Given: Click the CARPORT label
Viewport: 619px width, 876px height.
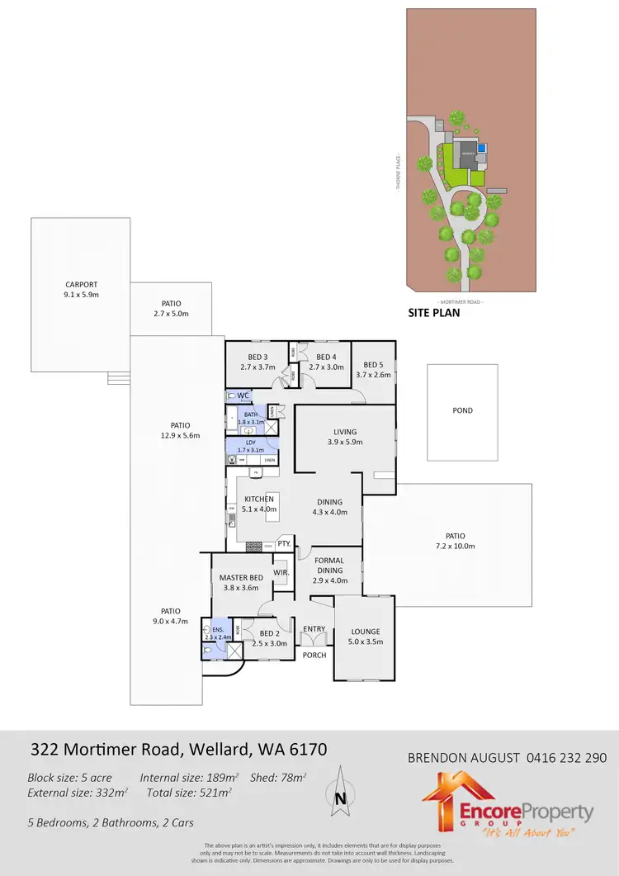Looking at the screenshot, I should [81, 284].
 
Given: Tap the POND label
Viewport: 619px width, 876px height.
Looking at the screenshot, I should [462, 410].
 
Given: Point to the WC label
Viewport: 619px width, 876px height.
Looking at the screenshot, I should [243, 396].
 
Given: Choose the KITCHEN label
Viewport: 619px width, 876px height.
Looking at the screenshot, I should [258, 500].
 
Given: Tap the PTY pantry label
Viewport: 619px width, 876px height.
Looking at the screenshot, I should [284, 543].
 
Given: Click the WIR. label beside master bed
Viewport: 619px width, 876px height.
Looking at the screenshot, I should [281, 571].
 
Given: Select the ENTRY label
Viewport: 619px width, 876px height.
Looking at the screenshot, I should [314, 629].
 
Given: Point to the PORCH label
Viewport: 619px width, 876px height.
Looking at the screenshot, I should [314, 655].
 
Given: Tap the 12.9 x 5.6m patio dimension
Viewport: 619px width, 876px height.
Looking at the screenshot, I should [182, 435].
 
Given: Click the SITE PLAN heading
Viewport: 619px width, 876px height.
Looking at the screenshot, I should [434, 314].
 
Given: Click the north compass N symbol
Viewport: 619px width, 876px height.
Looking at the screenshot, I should [340, 798].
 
